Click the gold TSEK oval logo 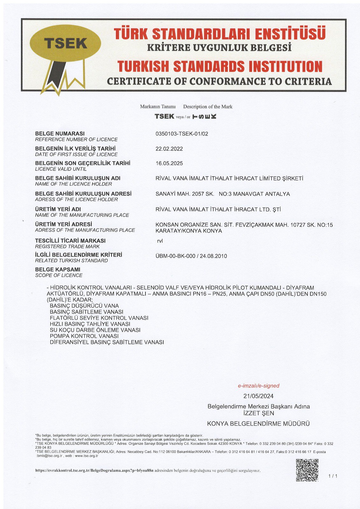pyautogui.click(x=65, y=43)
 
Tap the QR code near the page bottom pyautogui.click(x=307, y=470)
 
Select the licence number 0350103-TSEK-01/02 pyautogui.click(x=182, y=134)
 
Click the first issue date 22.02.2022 pyautogui.click(x=169, y=149)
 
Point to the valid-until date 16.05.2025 pyautogui.click(x=169, y=164)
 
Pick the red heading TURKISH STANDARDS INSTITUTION pyautogui.click(x=220, y=66)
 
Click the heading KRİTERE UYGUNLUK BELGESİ pyautogui.click(x=219, y=48)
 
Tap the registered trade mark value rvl pyautogui.click(x=160, y=241)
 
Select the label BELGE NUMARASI pyautogui.click(x=60, y=134)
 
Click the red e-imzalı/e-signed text pyautogui.click(x=258, y=386)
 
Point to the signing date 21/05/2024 pyautogui.click(x=258, y=396)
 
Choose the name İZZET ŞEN pyautogui.click(x=258, y=414)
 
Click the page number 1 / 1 pyautogui.click(x=333, y=476)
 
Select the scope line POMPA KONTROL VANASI pyautogui.click(x=84, y=336)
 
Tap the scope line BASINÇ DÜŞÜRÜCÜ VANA pyautogui.click(x=84, y=306)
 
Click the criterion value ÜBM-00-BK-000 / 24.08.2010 pyautogui.click(x=191, y=256)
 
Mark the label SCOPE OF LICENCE pyautogui.click(x=59, y=275)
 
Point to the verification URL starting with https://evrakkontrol pyautogui.click(x=94, y=471)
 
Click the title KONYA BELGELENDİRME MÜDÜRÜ pyautogui.click(x=258, y=424)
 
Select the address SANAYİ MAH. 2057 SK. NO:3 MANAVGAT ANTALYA pyautogui.click(x=222, y=194)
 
